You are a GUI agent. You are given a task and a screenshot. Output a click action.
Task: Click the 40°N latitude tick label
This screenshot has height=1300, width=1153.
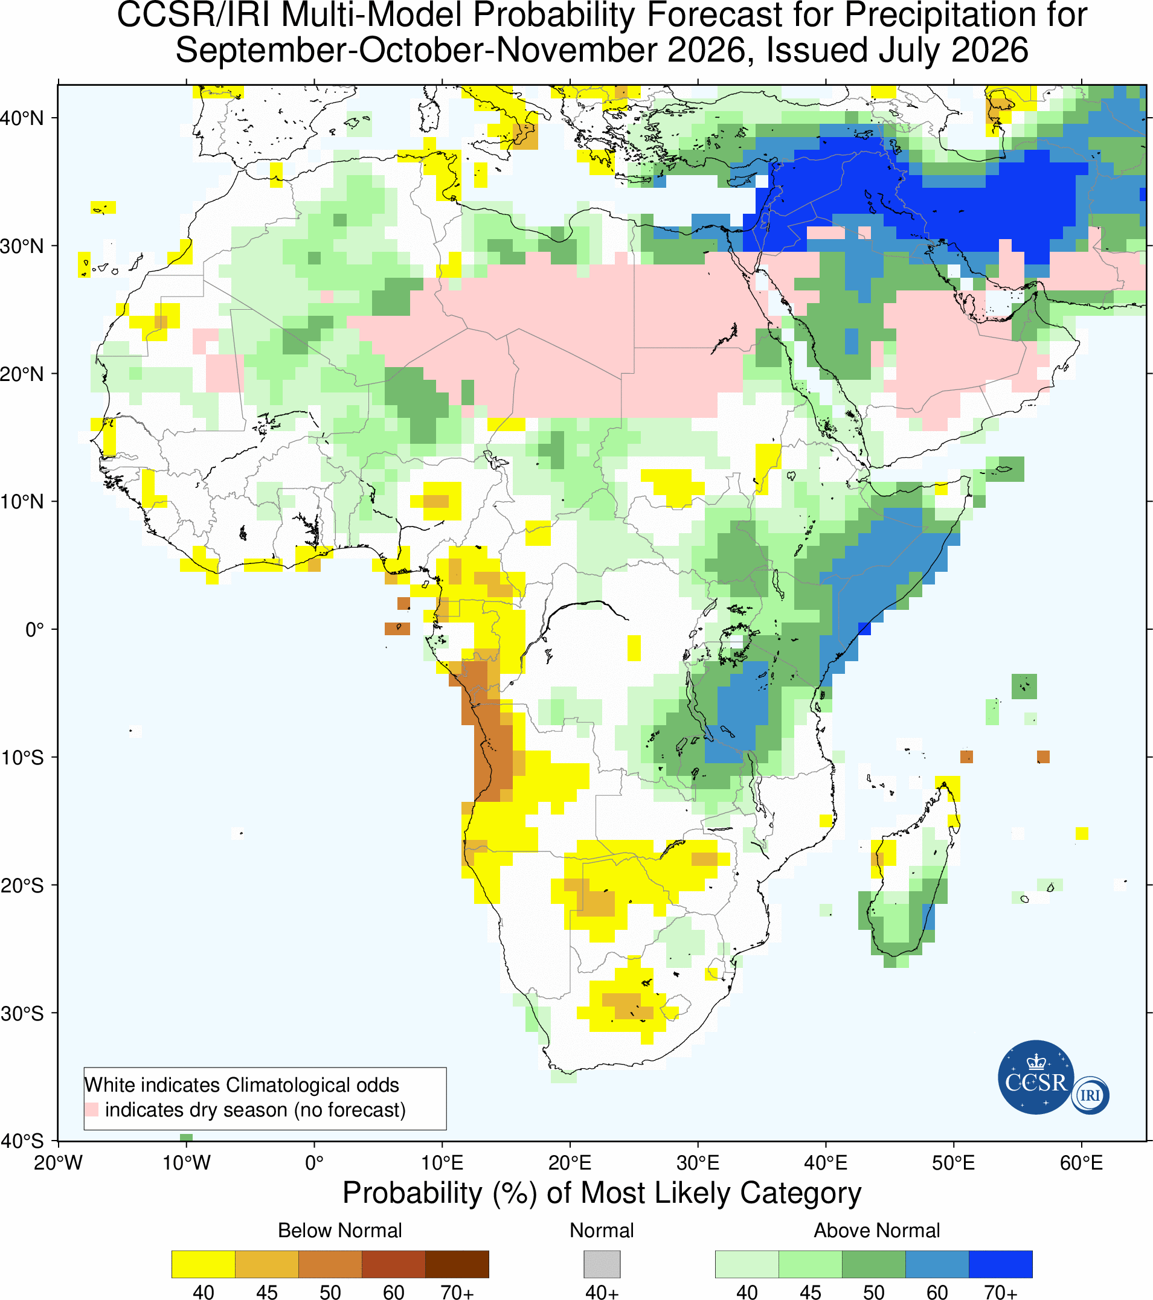point(22,118)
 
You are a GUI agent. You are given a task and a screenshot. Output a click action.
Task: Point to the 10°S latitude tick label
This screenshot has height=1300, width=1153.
point(22,758)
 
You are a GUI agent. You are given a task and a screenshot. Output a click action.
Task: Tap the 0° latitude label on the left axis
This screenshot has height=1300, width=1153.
point(34,630)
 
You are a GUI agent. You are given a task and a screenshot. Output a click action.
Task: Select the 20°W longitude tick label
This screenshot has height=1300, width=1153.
point(59,1164)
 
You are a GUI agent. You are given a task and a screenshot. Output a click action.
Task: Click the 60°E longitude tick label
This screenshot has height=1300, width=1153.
point(1081,1164)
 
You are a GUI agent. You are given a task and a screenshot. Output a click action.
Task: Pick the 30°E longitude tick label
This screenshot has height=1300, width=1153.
point(698,1164)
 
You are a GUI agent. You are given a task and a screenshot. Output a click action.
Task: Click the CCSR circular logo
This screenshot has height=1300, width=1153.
point(1036,1077)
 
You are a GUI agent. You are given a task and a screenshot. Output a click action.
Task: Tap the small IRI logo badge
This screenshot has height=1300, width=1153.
point(1090,1095)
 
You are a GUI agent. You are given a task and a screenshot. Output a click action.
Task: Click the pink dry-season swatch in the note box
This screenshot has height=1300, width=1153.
point(92,1110)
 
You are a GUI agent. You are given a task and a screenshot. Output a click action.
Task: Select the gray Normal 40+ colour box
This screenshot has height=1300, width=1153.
point(602,1264)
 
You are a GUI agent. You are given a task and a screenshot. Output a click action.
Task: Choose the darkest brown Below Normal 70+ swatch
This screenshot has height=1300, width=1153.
point(457,1264)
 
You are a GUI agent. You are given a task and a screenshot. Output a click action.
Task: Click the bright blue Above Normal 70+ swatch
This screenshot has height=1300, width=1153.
point(1000,1264)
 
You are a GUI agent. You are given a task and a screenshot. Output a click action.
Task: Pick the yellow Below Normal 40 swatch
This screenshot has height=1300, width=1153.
point(204,1264)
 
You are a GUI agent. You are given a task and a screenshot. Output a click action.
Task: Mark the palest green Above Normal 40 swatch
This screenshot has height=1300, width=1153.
point(747,1264)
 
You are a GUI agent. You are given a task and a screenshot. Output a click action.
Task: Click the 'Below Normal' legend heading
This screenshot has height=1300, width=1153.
point(340,1231)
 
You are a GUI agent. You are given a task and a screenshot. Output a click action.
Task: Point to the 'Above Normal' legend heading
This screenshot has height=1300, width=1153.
point(877,1231)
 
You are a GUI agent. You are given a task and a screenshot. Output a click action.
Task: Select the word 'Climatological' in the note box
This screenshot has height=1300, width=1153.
point(312,1085)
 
